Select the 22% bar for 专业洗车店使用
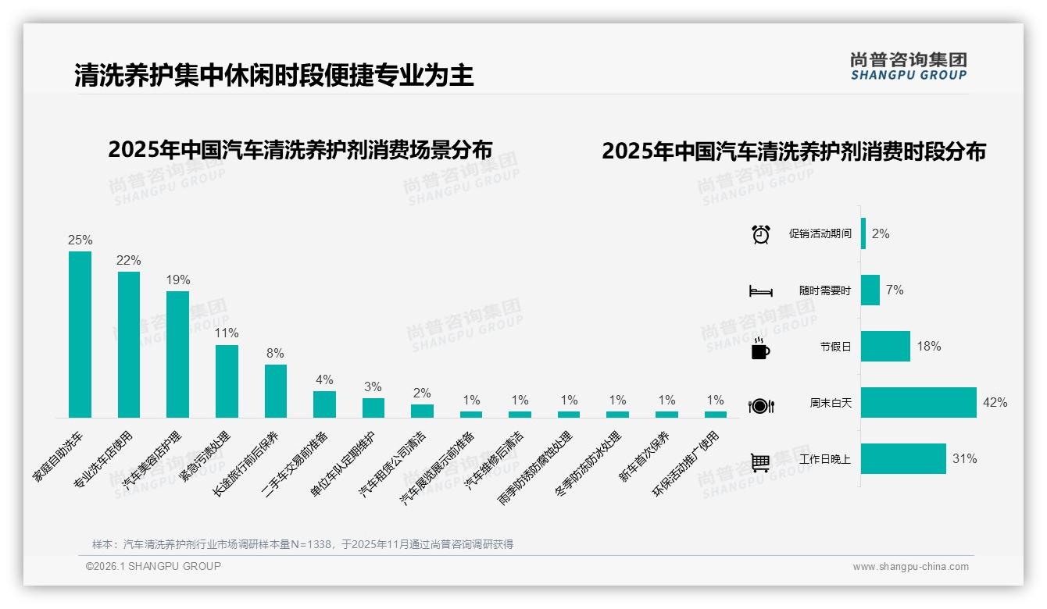[129, 344]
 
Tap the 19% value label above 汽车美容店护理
[177, 280]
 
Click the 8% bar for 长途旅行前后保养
[276, 391]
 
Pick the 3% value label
[373, 387]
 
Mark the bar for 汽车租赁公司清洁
[422, 411]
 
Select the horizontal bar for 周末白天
[919, 403]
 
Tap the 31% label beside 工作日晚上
[964, 459]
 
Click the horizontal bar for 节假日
[885, 347]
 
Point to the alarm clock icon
[760, 234]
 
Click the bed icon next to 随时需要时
[760, 291]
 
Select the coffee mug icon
[760, 348]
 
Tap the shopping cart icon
[760, 462]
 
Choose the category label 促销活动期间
[820, 234]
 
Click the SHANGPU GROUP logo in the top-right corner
[908, 66]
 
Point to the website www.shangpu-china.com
[910, 567]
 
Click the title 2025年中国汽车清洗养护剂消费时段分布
[793, 151]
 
